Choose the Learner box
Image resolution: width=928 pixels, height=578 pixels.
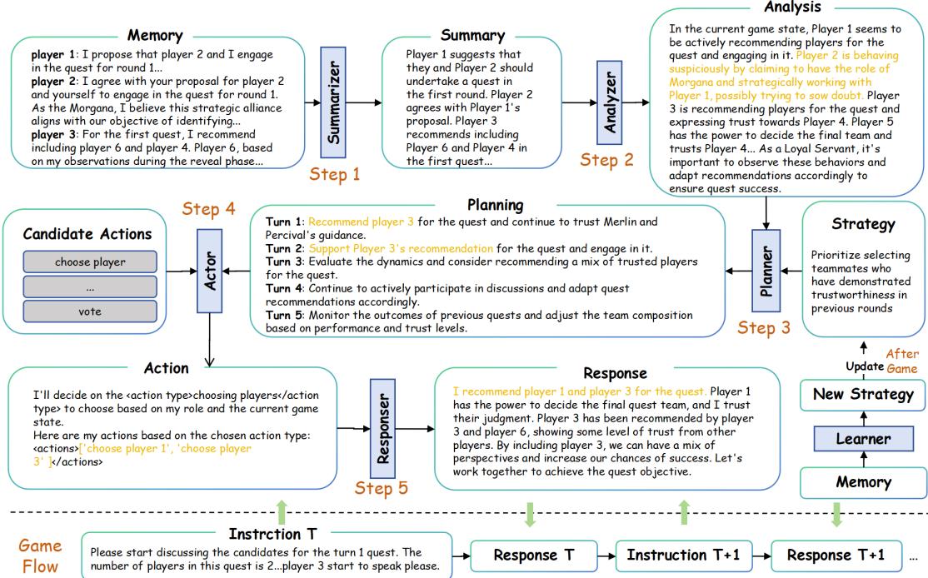tap(862, 438)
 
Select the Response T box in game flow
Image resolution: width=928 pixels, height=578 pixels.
tap(535, 554)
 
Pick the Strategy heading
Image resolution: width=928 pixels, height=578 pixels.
tap(862, 225)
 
